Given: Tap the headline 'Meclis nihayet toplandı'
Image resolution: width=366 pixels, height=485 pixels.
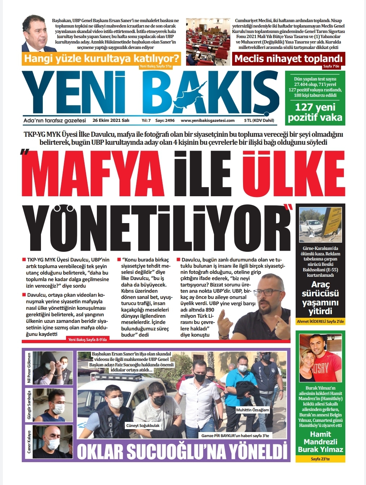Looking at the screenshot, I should click(288, 59).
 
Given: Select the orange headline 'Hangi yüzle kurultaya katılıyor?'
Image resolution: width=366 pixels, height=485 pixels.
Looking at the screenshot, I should click(101, 58).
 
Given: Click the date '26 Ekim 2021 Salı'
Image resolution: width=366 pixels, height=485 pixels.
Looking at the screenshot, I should click(111, 120).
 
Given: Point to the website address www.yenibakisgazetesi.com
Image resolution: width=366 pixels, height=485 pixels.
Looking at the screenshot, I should click(207, 120).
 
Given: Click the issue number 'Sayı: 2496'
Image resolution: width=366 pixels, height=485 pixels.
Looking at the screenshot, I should click(165, 120).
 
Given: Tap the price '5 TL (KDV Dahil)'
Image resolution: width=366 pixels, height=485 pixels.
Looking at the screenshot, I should click(259, 120).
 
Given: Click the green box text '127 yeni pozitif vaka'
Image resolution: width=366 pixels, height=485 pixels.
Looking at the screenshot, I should click(314, 112).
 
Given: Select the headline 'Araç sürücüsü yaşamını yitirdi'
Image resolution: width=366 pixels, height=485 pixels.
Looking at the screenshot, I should click(320, 298).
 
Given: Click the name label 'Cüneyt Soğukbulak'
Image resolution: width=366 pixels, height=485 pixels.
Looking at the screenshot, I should click(143, 426).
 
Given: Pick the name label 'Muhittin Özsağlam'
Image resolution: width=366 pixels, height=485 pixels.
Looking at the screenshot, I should click(252, 410).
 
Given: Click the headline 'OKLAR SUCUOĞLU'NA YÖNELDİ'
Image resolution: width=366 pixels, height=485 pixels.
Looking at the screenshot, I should click(182, 452).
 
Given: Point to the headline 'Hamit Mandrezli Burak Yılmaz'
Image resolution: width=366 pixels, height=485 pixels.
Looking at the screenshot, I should click(320, 442).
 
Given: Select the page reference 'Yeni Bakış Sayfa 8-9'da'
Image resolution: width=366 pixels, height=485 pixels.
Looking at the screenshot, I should click(87, 340).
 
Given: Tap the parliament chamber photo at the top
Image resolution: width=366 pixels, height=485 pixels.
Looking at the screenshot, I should click(208, 41).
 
